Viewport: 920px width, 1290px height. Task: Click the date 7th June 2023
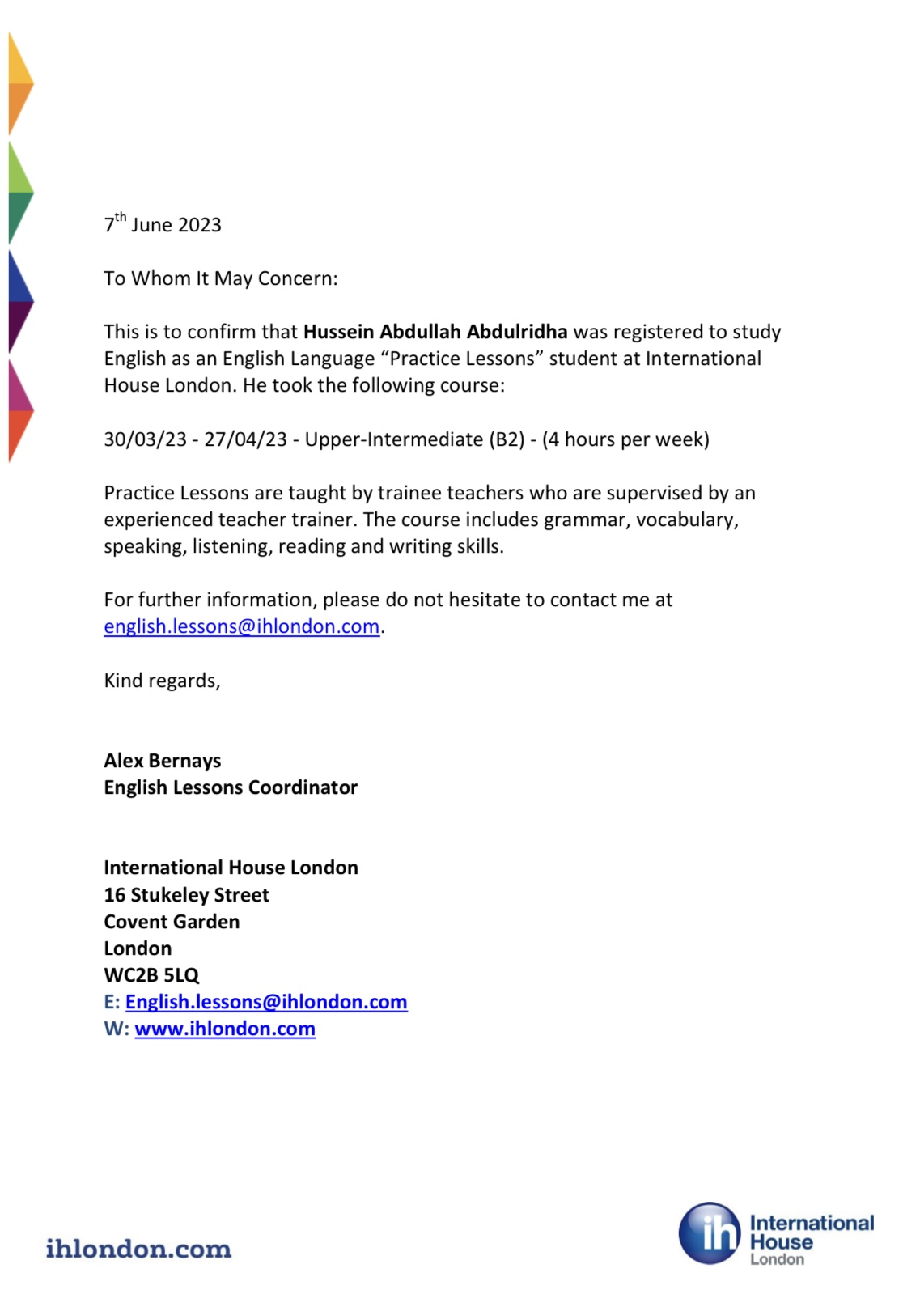coord(163,224)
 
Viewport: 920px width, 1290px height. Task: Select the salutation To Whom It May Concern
coord(220,278)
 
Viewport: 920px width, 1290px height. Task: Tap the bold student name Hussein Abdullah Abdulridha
coord(435,332)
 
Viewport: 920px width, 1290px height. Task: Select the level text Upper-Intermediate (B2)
coord(414,439)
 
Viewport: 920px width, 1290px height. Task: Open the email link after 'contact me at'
coord(241,626)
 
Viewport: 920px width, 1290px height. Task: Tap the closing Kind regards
coord(162,681)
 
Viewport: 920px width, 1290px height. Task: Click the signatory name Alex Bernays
coord(162,761)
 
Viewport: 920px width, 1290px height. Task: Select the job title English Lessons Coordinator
coord(231,787)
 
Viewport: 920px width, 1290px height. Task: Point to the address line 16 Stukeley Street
coord(186,895)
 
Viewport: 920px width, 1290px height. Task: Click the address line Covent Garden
coord(172,922)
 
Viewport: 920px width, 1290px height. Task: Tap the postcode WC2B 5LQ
coord(151,975)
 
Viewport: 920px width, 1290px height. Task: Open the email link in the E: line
coord(266,1002)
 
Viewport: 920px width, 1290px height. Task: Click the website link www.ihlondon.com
coord(225,1029)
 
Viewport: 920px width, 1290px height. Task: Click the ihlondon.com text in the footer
coord(138,1249)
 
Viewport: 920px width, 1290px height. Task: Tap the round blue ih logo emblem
coord(710,1233)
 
